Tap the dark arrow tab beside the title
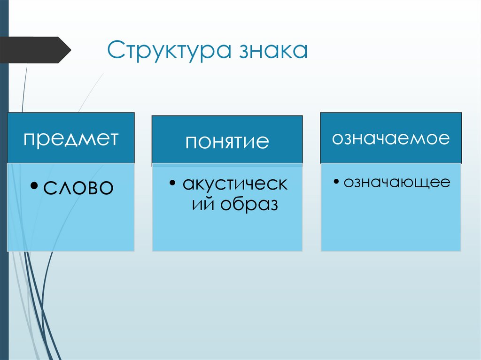point(35,50)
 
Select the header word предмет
point(70,138)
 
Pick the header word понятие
point(227,141)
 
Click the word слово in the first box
point(78,188)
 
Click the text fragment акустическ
point(235,184)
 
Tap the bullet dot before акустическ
point(173,183)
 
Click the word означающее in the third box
point(396,182)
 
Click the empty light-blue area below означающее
point(391,221)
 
